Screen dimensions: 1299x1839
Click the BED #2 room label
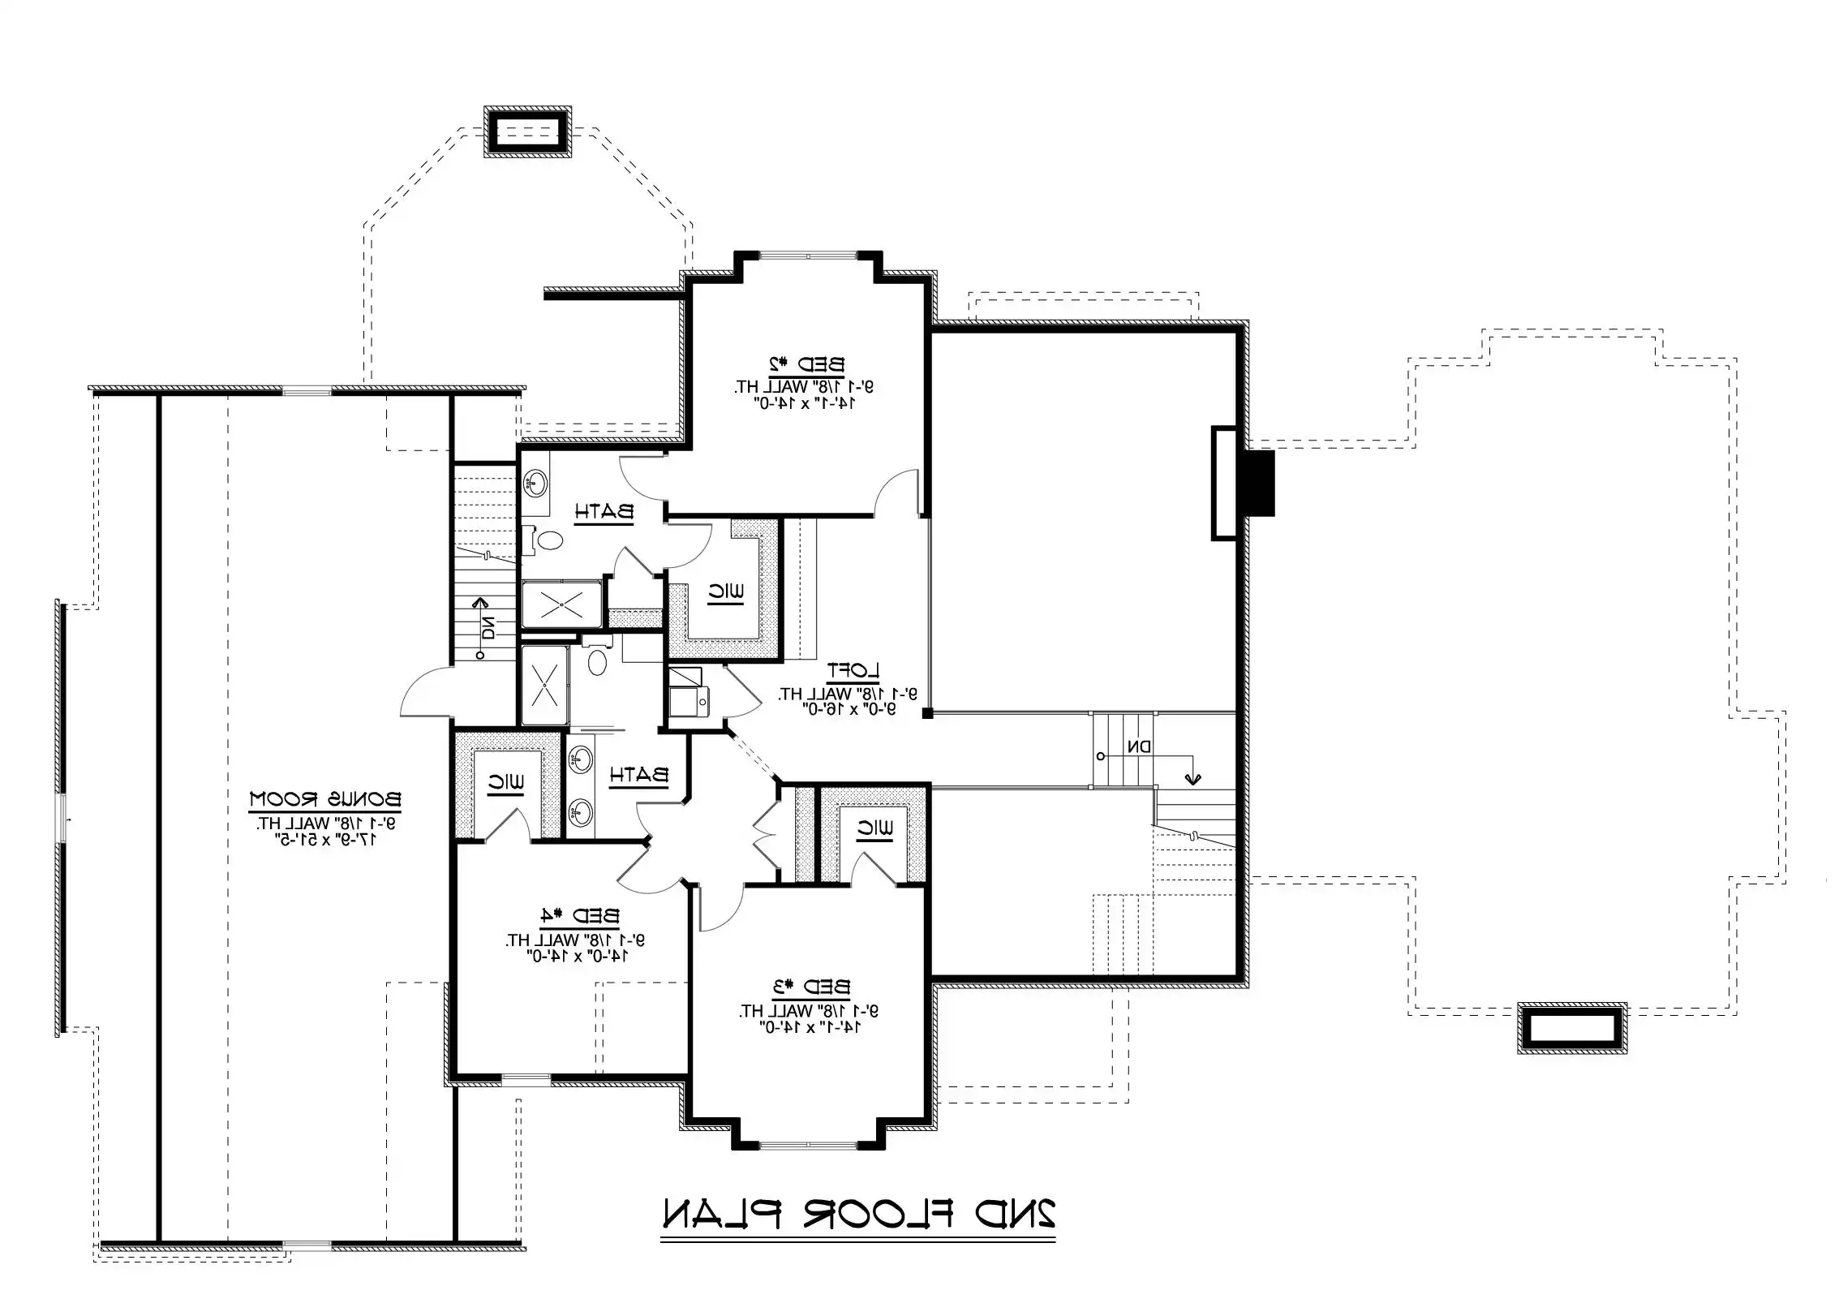pos(806,364)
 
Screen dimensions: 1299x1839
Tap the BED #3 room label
pos(812,987)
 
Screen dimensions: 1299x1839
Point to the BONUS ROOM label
pos(324,798)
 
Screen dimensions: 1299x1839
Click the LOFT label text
pos(853,670)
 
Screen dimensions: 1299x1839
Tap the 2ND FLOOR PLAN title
pos(858,1237)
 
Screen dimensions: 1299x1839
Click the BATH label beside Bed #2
pos(604,512)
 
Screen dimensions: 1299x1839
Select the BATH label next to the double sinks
pos(639,775)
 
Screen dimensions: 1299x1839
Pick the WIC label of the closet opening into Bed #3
pos(874,829)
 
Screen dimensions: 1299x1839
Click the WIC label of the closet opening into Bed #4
pos(505,783)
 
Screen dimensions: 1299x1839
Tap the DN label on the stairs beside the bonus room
pos(488,627)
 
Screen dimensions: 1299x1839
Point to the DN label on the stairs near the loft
pos(1139,746)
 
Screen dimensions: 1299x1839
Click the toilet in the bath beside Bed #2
pos(551,539)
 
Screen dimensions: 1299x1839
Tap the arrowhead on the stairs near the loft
pos(1192,779)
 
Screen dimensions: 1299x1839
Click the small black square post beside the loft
pos(928,713)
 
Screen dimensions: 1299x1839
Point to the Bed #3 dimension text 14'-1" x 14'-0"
pos(810,1027)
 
